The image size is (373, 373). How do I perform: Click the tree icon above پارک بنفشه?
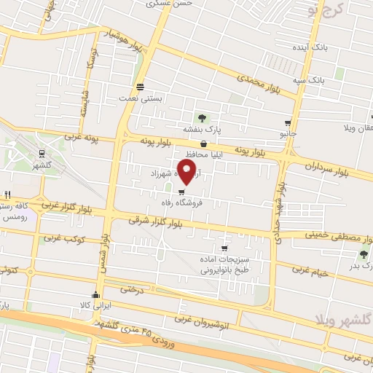click(x=202, y=117)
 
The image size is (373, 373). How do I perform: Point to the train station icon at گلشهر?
click(x=41, y=154)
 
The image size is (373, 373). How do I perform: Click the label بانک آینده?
click(x=321, y=47)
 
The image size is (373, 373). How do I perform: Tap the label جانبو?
click(x=289, y=134)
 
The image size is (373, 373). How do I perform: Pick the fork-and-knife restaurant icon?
click(x=7, y=195)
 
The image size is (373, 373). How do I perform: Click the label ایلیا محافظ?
click(x=192, y=154)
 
